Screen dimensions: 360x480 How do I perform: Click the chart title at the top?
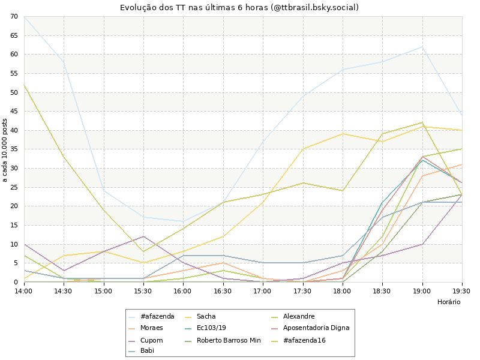coord(240,7)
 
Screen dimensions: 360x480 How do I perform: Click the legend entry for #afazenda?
coord(157,316)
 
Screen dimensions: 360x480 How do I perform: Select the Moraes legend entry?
coord(152,328)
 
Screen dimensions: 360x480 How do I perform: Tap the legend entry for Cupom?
coord(151,340)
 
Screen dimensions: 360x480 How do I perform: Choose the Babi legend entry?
coord(147,351)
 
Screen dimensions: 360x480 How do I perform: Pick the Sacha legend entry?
coord(206,316)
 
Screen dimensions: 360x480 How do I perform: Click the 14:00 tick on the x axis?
coord(24,290)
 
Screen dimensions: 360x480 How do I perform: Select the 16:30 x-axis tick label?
coord(223,290)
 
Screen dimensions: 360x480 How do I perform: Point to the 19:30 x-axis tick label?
coord(461,290)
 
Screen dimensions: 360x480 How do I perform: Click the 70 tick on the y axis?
coord(14,16)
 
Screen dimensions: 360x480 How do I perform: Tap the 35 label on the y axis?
coord(14,149)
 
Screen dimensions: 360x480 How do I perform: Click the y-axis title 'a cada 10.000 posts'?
coord(5,149)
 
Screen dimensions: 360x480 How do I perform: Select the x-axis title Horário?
coord(449,302)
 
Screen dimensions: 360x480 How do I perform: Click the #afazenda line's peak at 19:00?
coord(422,47)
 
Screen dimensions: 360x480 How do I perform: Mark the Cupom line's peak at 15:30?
coord(143,236)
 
